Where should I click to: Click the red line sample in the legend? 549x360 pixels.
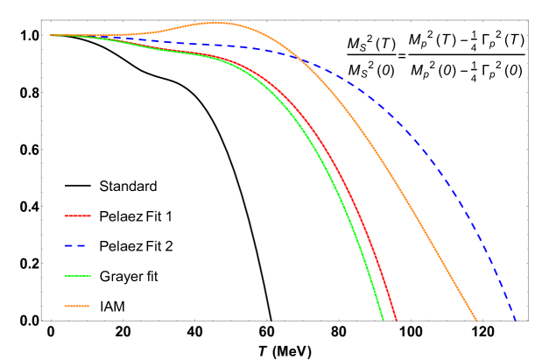click(x=78, y=215)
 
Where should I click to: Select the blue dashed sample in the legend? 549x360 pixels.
click(x=76, y=246)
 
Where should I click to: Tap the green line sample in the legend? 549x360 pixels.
click(x=78, y=276)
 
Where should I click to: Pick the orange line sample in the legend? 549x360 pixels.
click(x=78, y=306)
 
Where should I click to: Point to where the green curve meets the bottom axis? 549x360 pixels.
click(x=383, y=320)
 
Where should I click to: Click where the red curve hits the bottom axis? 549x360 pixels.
click(x=396, y=320)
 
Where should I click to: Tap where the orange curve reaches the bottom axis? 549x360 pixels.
click(x=477, y=320)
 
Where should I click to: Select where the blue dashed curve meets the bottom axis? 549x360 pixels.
click(x=516, y=320)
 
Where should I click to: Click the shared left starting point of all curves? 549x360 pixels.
click(x=51, y=35)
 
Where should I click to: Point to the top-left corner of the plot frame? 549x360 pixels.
click(x=41, y=21)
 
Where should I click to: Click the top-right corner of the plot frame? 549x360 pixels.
click(x=528, y=21)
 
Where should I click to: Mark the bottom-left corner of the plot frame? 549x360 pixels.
click(x=41, y=321)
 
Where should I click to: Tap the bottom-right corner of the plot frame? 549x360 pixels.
click(x=528, y=321)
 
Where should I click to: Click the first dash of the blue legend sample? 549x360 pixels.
click(x=68, y=246)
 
